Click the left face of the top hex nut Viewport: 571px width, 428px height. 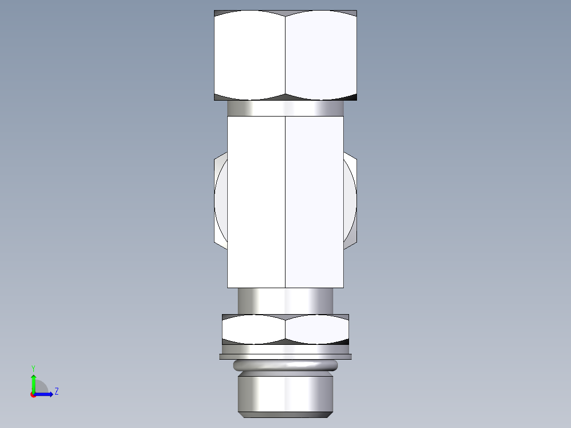click(x=249, y=56)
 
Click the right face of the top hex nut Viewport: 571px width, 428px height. click(x=321, y=56)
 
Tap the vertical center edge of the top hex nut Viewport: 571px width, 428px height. click(x=285, y=56)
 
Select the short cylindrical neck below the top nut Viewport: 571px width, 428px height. click(x=285, y=108)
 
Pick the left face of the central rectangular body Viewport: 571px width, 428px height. click(x=256, y=201)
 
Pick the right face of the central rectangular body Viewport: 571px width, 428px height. click(x=315, y=201)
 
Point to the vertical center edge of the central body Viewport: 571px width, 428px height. click(x=285, y=201)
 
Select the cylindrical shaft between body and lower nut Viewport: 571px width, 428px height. click(x=285, y=300)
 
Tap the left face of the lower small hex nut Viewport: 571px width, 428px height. click(x=253, y=329)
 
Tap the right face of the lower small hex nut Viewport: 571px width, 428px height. click(x=317, y=329)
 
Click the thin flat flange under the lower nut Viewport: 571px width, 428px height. click(x=285, y=356)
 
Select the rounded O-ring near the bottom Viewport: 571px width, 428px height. click(x=285, y=365)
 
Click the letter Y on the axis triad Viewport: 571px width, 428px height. click(x=33, y=368)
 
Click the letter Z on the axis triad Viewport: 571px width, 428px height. click(x=56, y=391)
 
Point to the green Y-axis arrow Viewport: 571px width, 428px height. click(x=33, y=382)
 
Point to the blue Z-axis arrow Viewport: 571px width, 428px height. click(x=45, y=394)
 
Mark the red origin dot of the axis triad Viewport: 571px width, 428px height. click(x=33, y=395)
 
